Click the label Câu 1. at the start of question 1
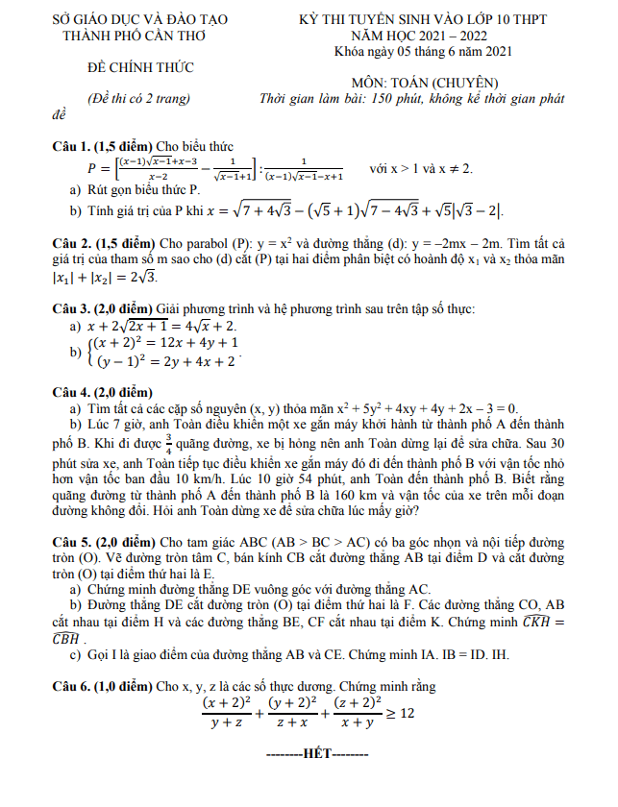tap(73, 146)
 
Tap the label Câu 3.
tap(73, 308)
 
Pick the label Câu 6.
tap(73, 686)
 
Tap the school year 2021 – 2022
tap(445, 34)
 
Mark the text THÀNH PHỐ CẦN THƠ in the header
tap(133, 34)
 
